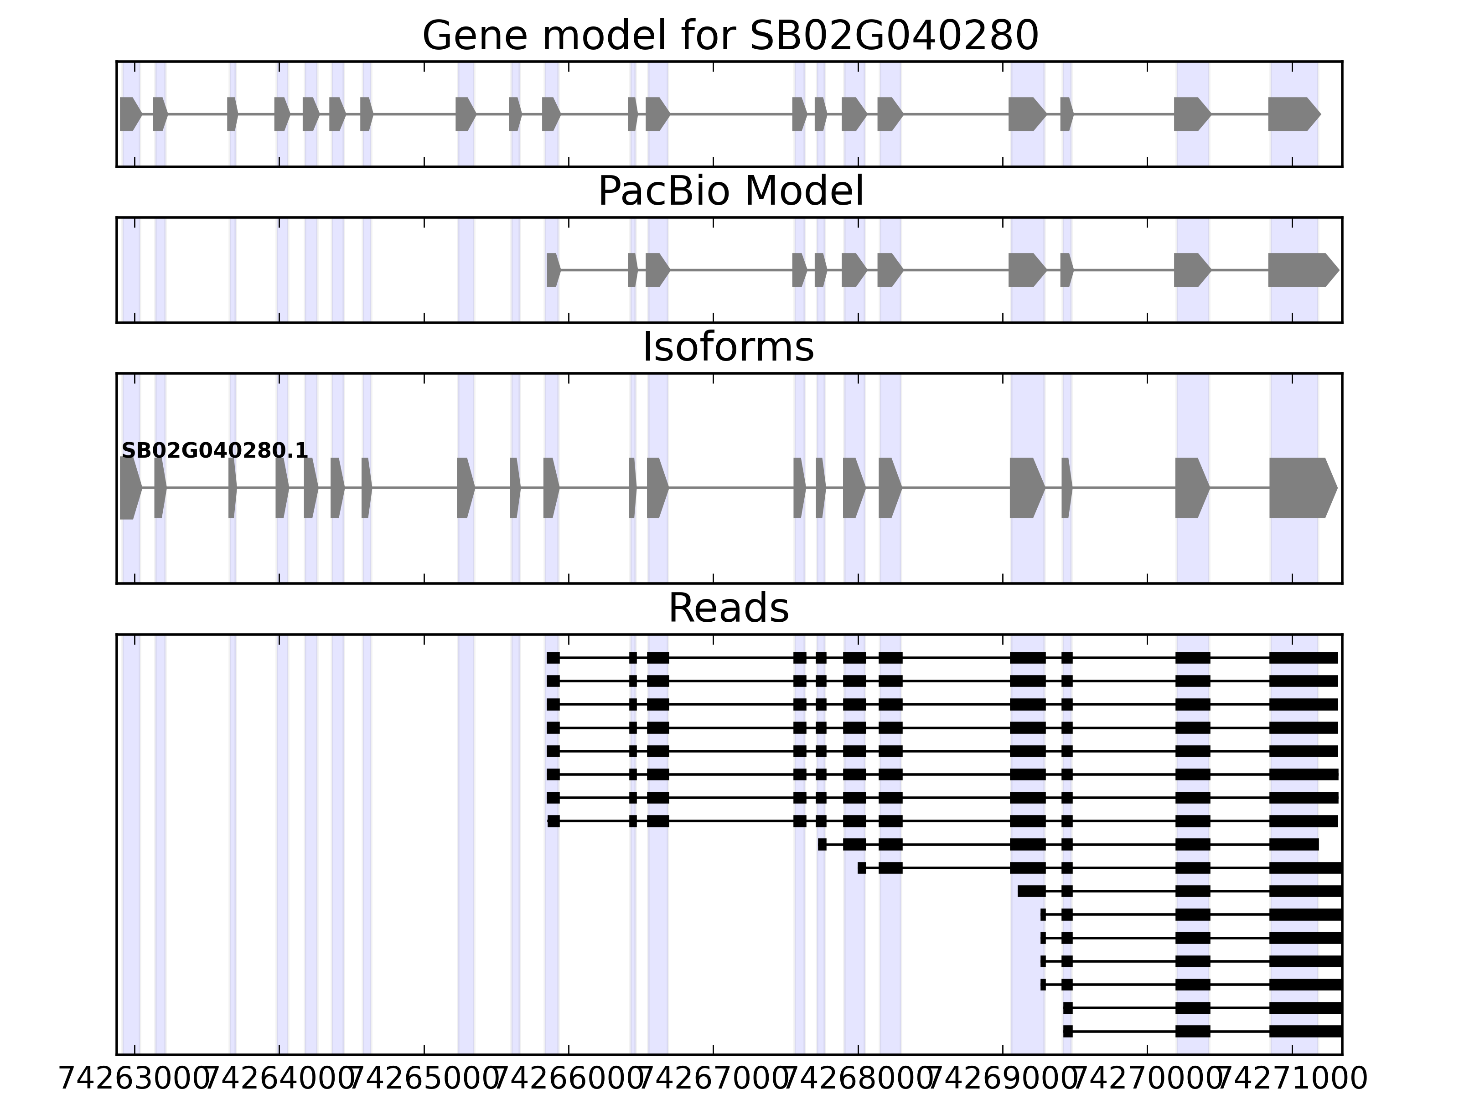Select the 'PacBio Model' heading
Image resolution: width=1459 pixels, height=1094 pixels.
[x=730, y=192]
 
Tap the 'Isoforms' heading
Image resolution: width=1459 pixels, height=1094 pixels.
[x=728, y=347]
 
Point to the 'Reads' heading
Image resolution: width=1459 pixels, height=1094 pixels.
[x=728, y=608]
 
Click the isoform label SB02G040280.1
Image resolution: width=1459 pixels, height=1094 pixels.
[x=214, y=451]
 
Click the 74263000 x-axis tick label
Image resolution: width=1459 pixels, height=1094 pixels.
[x=135, y=1079]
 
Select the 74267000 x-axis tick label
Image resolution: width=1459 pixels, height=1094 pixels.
[x=714, y=1079]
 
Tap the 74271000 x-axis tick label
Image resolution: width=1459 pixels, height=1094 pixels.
[x=1292, y=1079]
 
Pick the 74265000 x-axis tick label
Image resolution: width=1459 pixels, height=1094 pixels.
[x=424, y=1079]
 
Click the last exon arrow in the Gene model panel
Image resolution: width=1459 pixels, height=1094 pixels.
[x=1293, y=114]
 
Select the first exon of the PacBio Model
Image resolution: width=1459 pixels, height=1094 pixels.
[x=553, y=270]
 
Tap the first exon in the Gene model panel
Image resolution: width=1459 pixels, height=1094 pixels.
[x=130, y=114]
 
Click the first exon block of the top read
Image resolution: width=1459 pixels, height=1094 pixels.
[x=553, y=657]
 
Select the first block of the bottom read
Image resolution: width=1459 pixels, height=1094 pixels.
[x=1068, y=1032]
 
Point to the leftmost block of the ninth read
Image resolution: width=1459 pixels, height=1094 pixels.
[x=822, y=845]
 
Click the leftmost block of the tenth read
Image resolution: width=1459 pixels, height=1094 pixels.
[x=861, y=868]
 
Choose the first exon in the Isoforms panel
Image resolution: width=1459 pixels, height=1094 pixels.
[x=129, y=488]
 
